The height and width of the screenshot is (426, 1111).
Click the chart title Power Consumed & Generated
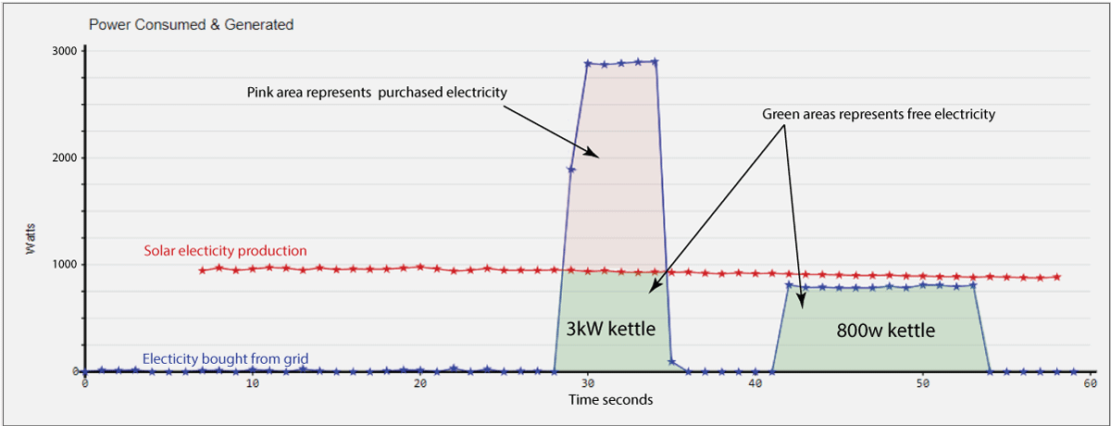point(191,25)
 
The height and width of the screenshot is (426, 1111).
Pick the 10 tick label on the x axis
point(252,383)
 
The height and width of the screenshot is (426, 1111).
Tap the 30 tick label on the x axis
point(587,383)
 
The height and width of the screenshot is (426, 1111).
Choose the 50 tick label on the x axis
point(923,383)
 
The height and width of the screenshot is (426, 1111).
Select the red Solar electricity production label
point(225,251)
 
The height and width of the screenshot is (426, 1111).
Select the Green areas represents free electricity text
point(879,116)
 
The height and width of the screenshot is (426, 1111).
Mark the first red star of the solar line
point(202,270)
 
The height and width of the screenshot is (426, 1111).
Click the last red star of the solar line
point(1056,277)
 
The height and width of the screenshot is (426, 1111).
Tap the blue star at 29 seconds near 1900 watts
point(571,169)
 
